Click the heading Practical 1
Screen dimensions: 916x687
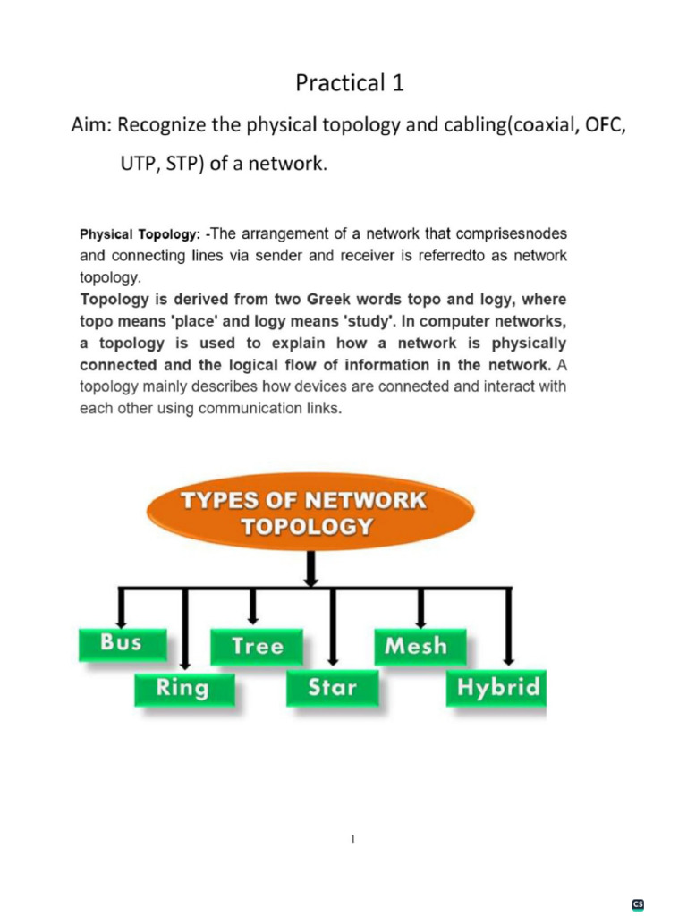[350, 83]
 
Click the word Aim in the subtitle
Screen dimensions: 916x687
[90, 125]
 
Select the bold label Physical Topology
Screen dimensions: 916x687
[139, 234]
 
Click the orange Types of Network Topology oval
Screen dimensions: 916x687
[304, 513]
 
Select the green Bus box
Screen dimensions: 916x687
[122, 642]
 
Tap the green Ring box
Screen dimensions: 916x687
[183, 688]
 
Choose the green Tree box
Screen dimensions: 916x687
[257, 646]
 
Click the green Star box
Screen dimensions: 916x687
[332, 688]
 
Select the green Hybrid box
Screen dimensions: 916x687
[498, 688]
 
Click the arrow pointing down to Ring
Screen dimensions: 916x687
[184, 631]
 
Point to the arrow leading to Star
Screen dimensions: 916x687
[332, 631]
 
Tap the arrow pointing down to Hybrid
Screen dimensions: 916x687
[510, 631]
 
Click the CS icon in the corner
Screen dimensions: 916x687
[639, 904]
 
